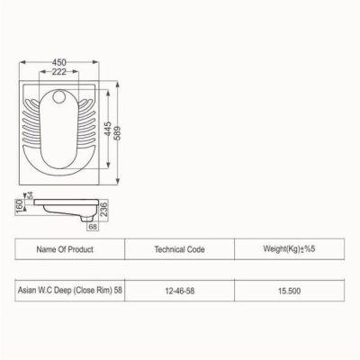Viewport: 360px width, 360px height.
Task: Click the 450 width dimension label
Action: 59,62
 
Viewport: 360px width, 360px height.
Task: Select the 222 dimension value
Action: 59,72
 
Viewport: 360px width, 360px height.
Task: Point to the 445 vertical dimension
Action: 108,129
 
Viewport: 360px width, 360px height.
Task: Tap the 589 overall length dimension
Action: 118,133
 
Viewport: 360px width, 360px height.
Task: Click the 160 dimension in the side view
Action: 19,207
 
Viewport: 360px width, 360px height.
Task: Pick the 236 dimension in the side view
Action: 103,209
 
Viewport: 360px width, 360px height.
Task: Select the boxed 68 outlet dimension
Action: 93,227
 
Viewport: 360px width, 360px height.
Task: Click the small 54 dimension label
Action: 30,195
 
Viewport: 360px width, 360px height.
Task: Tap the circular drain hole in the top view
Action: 59,96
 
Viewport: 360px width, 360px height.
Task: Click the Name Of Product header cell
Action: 69,249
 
